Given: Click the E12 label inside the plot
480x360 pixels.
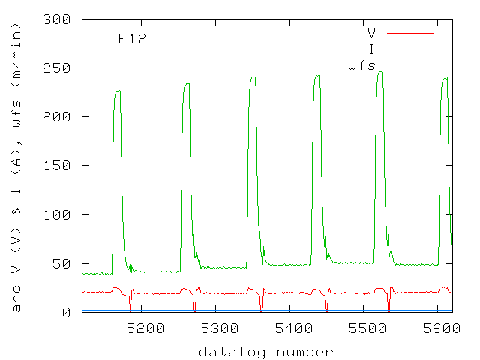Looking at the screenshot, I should (132, 39).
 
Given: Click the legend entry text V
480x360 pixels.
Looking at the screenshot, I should (372, 34).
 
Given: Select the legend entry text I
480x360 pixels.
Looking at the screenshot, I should (372, 49).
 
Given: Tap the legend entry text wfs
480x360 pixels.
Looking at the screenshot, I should (361, 65).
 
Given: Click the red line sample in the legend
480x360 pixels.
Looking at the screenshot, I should (409, 34).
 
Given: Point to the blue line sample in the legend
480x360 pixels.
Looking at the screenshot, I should (409, 65).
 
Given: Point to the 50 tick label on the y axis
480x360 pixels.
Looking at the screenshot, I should (64, 264).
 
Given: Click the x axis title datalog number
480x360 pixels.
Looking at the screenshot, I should (266, 351).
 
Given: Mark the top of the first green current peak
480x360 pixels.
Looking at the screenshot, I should (118, 91).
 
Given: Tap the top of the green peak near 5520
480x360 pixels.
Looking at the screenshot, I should (381, 72).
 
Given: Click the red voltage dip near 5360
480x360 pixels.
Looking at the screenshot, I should (262, 309).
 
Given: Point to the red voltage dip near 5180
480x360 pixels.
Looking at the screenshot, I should (130, 309).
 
